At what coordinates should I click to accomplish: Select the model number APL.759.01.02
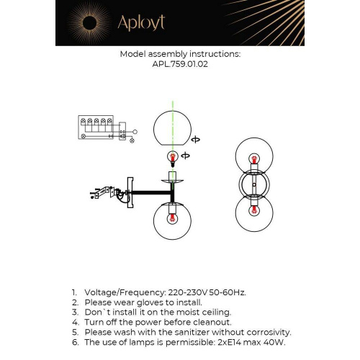(x=179, y=63)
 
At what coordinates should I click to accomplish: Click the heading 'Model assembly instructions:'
(x=180, y=54)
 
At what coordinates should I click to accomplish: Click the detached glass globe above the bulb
(x=173, y=130)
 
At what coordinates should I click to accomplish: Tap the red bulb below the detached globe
(x=173, y=156)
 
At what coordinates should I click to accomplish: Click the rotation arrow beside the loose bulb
(x=186, y=156)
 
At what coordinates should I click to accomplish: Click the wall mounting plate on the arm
(x=129, y=192)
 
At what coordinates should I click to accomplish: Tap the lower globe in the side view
(x=173, y=220)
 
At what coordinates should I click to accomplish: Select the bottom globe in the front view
(x=253, y=212)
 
